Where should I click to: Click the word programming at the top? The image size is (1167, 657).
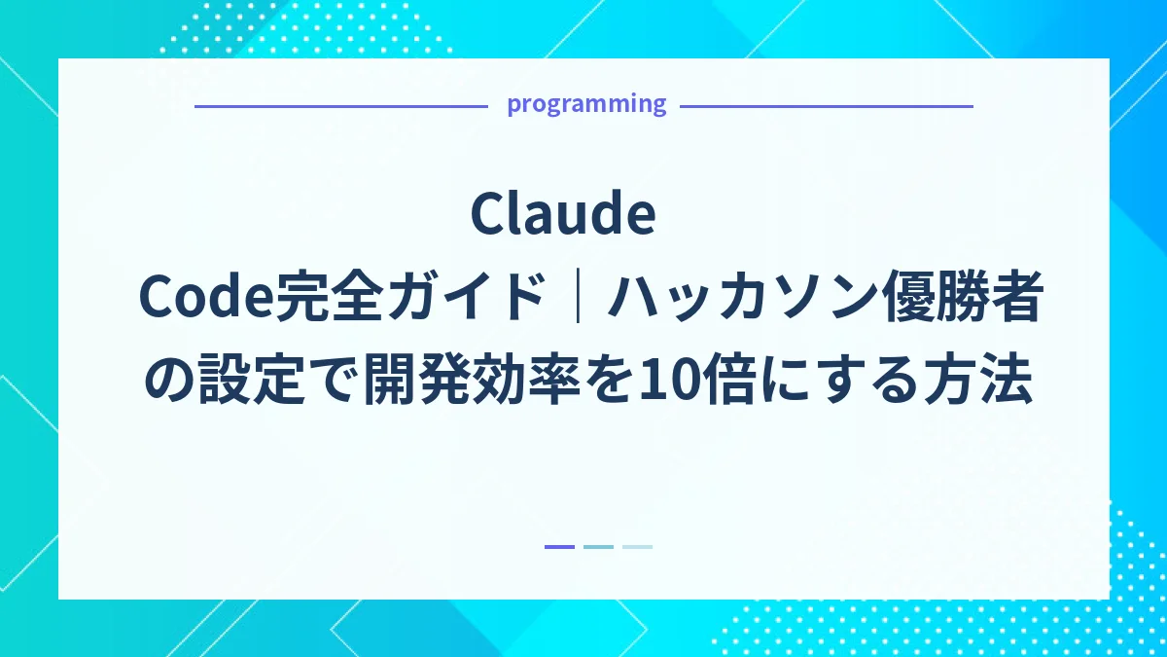coord(586,104)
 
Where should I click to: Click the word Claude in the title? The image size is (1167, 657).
coord(563,215)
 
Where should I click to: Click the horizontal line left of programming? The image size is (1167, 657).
coord(340,106)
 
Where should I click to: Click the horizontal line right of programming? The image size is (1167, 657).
coord(826,106)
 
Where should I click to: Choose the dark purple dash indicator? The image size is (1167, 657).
coord(559,547)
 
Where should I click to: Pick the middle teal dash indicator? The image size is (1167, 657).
coord(598,547)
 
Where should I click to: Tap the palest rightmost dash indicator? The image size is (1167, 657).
coord(637,547)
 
